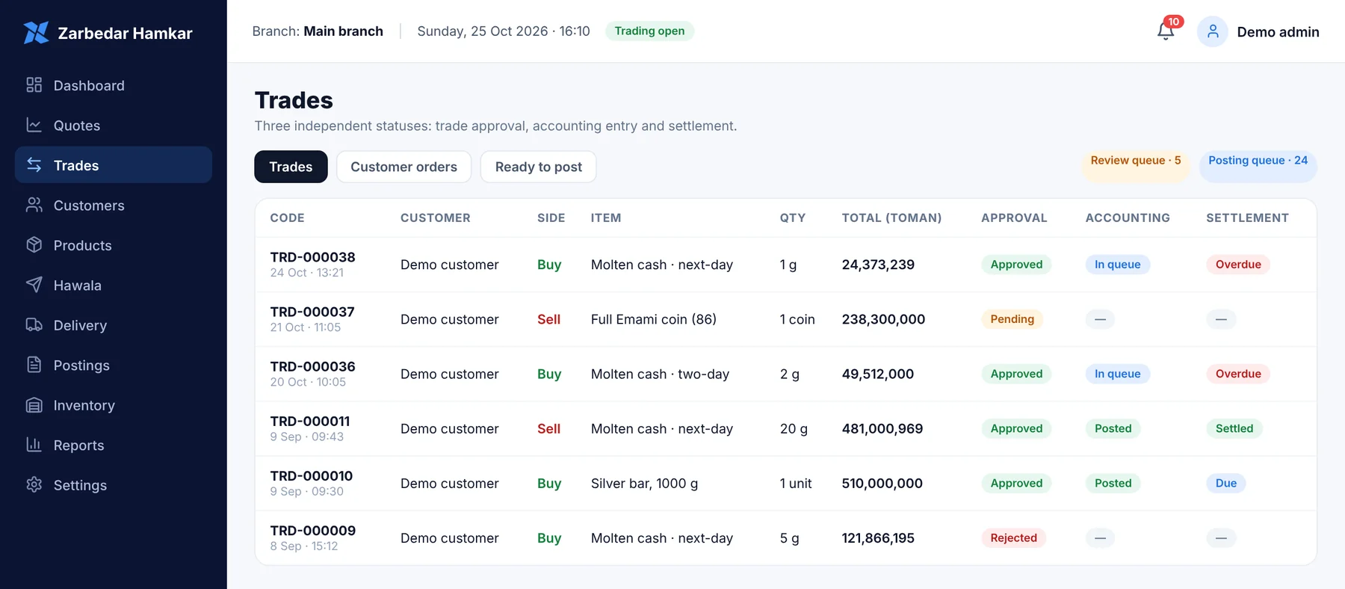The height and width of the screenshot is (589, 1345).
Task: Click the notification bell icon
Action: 1165,31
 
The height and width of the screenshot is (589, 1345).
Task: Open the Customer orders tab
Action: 403,167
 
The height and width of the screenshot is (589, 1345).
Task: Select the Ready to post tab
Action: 538,167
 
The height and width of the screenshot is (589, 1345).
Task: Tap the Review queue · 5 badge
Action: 1136,161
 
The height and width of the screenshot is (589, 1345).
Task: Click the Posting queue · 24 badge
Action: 1258,161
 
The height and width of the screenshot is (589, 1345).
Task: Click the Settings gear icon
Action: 34,484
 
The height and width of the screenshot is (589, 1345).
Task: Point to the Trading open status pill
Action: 649,31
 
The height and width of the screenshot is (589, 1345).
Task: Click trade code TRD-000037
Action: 312,312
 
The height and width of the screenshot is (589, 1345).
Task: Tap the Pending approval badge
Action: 1012,319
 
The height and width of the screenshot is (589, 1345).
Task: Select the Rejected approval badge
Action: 1013,538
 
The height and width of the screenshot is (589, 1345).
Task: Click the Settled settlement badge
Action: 1234,428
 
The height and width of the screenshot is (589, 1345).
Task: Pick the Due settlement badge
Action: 1225,483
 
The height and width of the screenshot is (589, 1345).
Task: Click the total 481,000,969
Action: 882,428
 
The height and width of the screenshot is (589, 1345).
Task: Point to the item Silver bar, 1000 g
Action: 644,484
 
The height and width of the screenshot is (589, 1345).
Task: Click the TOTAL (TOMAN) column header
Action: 891,218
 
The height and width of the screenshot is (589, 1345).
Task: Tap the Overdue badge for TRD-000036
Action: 1237,374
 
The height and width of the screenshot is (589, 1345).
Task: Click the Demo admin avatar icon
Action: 1212,31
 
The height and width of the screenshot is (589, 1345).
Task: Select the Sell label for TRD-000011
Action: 548,428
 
